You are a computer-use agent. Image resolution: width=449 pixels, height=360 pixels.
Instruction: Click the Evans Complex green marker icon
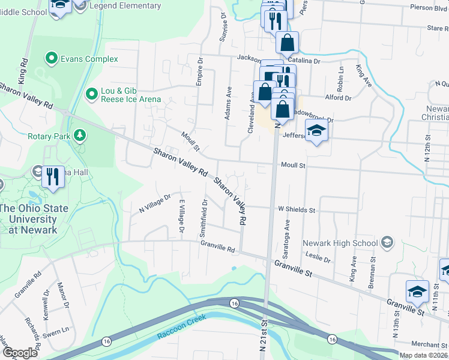point(52,59)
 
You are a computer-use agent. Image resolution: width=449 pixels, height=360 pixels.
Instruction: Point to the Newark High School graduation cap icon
point(387,243)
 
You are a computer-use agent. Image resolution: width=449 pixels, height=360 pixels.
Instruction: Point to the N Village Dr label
point(155,203)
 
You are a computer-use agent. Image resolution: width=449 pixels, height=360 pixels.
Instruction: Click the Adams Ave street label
point(229,103)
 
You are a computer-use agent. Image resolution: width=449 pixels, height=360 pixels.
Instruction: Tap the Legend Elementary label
point(125,6)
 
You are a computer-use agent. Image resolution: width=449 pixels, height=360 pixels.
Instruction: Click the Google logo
point(20,353)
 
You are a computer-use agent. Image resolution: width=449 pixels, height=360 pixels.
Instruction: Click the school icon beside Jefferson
point(316,130)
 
